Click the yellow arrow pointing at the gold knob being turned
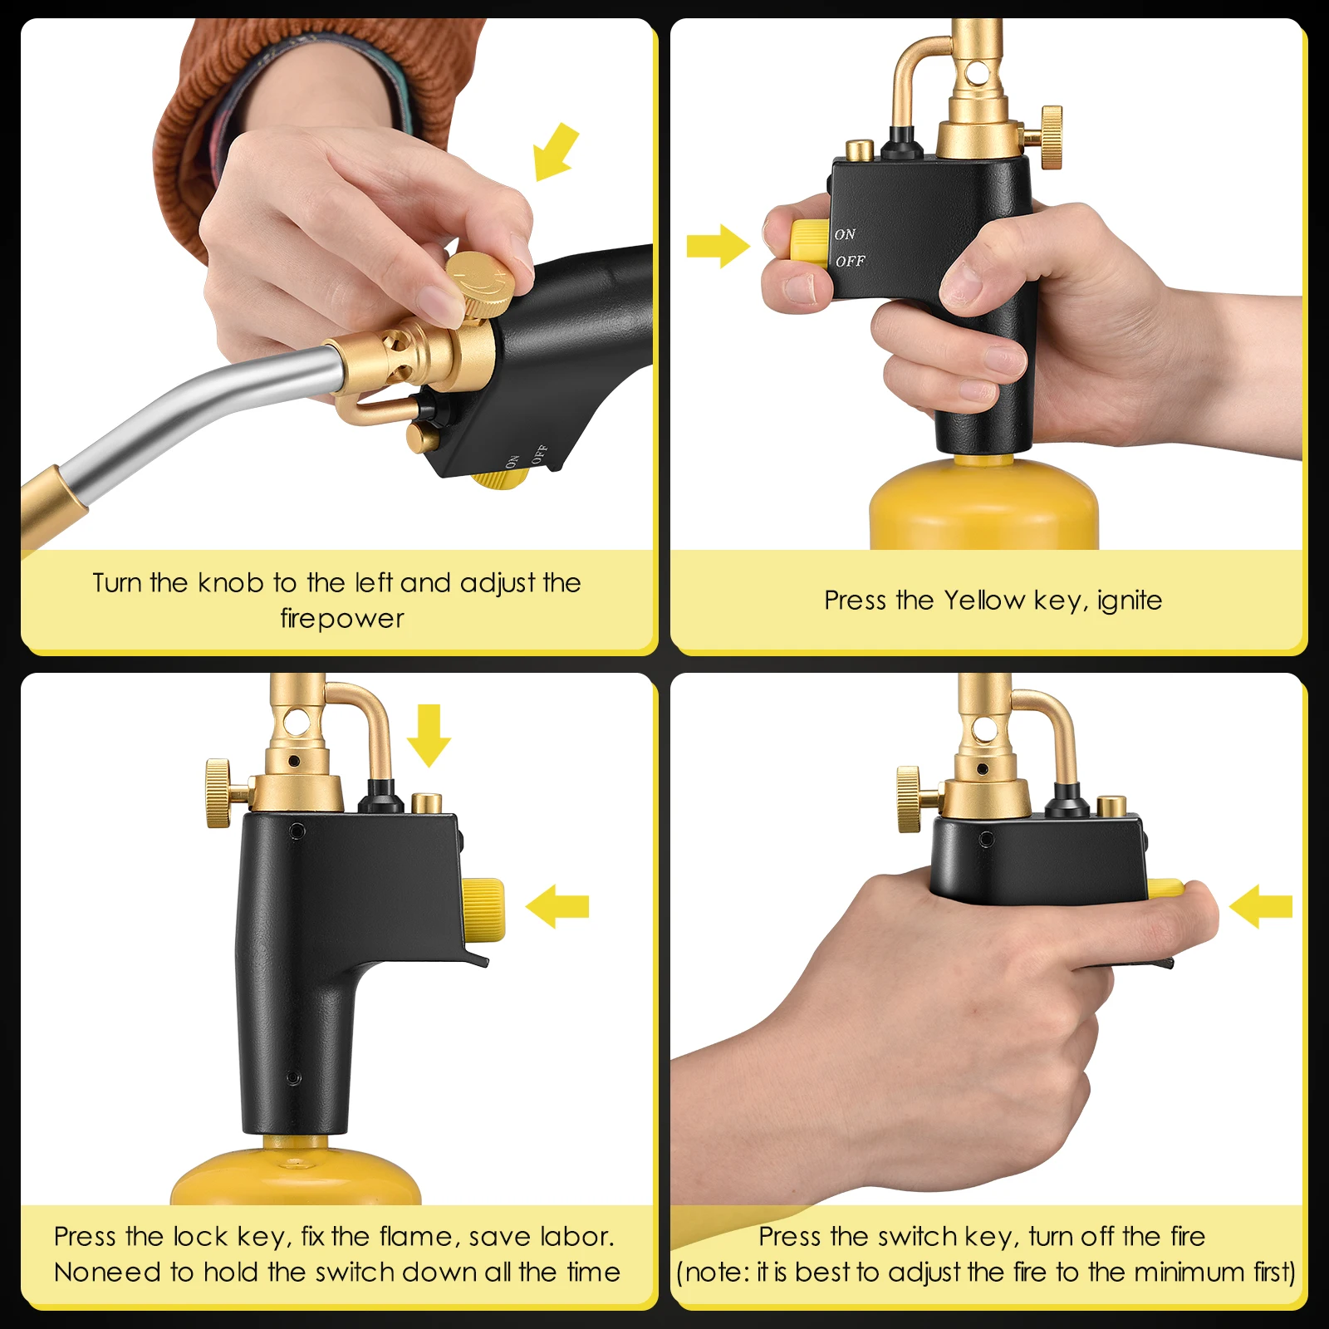tap(554, 152)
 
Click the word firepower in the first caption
tap(342, 619)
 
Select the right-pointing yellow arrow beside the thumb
tap(717, 246)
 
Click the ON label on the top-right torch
tap(845, 235)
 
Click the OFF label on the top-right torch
tap(850, 262)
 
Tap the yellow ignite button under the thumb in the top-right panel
tap(806, 241)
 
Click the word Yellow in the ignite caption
tap(984, 601)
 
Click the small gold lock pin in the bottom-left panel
tap(427, 803)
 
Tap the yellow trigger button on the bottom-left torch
tap(483, 910)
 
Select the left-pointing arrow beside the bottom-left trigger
tap(557, 906)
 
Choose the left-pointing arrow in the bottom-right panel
tap(1260, 906)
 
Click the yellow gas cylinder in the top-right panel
tap(983, 507)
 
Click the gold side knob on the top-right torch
tap(1051, 137)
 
